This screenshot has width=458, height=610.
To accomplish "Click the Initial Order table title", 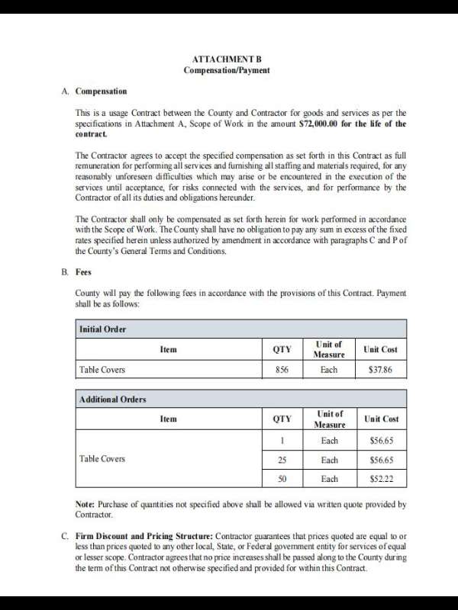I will (102, 329).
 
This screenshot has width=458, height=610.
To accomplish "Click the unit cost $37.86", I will (379, 370).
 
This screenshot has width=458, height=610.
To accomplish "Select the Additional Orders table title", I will (112, 399).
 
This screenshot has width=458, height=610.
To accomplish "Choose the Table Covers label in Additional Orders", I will (102, 459).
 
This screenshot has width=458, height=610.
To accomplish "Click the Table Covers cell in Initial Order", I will (102, 370).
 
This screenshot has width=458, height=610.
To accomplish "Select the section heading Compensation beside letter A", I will (101, 91).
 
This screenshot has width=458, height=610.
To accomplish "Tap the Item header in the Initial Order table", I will (168, 349).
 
